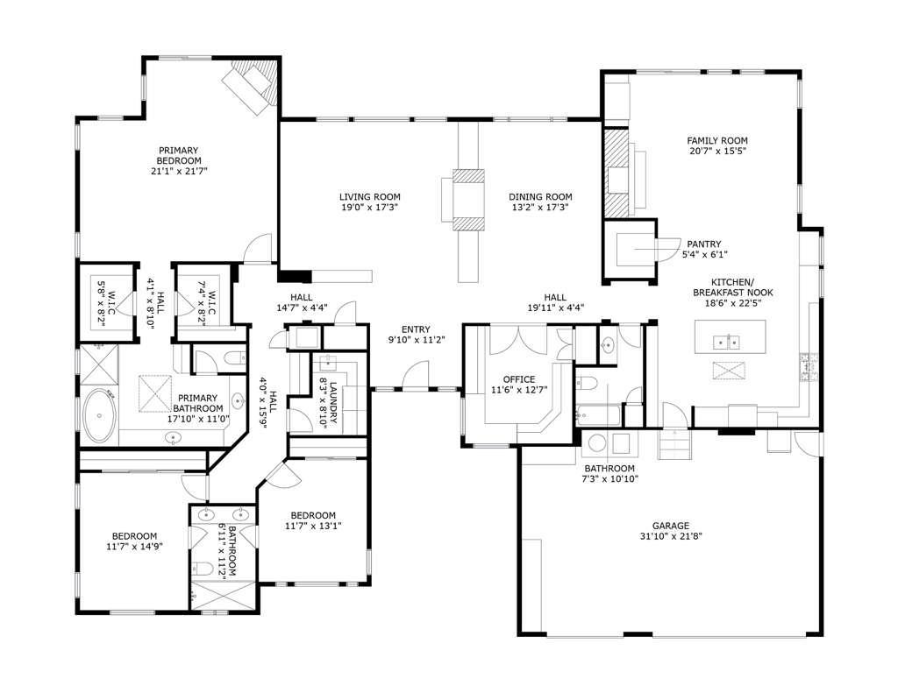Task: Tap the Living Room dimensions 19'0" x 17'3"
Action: pyautogui.click(x=370, y=209)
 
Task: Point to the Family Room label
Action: pyautogui.click(x=716, y=140)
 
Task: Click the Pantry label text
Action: pyautogui.click(x=703, y=244)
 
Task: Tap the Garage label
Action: pyautogui.click(x=669, y=525)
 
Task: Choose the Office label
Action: pyautogui.click(x=518, y=379)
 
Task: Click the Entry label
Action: pyautogui.click(x=415, y=329)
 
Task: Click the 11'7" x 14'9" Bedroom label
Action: pyautogui.click(x=133, y=536)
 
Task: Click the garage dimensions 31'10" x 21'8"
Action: pyautogui.click(x=669, y=535)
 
